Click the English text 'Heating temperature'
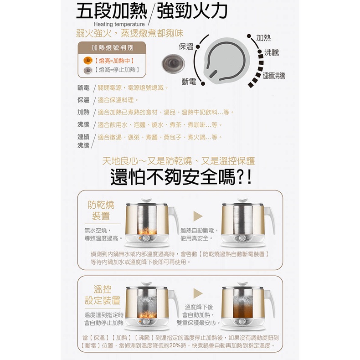coord(119,24)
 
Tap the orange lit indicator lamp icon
coord(88,61)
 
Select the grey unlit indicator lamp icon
coord(88,70)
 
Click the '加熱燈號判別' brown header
coord(112,48)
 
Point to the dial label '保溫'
coord(186,46)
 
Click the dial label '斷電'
coord(189,81)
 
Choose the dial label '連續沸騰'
coord(274,76)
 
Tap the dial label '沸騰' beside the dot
coord(272,52)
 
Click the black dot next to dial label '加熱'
coord(249,36)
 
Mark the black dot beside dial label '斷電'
coord(203,83)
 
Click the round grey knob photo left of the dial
coord(173,62)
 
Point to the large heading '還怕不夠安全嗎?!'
coord(181,177)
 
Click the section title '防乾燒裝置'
coord(101,211)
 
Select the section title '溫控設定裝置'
coord(103,295)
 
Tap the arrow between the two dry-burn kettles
coord(198,216)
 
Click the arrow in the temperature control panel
coord(198,293)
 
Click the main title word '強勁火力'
coord(192,11)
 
